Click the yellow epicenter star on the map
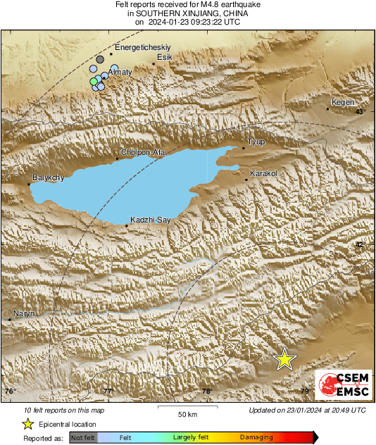click(x=284, y=359)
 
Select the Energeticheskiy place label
click(x=143, y=47)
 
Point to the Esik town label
click(x=165, y=57)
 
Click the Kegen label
click(x=343, y=102)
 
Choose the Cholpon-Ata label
click(x=143, y=152)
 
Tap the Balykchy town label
click(x=49, y=178)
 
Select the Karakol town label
click(x=265, y=173)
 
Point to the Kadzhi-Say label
click(x=151, y=220)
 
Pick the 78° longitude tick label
click(x=206, y=391)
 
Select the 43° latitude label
click(x=360, y=111)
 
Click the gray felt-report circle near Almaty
click(x=100, y=60)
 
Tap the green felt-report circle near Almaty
click(x=94, y=82)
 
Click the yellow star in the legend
click(x=28, y=424)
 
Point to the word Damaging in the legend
click(x=256, y=437)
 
